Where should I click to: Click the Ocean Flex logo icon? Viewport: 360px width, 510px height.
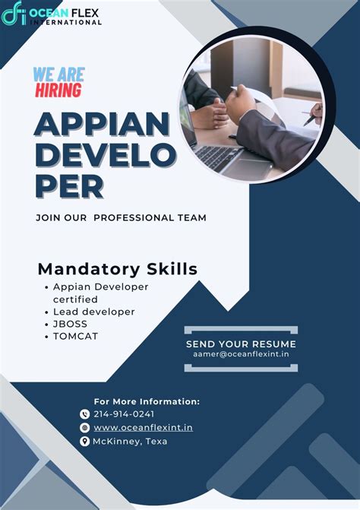14,14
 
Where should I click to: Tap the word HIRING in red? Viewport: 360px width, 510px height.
58,90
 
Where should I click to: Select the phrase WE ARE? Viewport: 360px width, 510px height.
58,74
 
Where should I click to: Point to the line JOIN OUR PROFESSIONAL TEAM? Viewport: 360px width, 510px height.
121,217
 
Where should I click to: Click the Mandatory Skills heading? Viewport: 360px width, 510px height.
117,268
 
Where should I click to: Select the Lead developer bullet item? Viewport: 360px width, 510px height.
93,312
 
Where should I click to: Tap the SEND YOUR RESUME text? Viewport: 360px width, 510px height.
241,344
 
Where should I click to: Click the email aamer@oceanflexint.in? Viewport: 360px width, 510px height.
241,354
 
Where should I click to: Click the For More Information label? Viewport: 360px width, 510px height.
147,401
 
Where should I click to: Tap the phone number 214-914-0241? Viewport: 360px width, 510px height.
124,414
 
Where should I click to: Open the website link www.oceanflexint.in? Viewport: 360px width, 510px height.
143,428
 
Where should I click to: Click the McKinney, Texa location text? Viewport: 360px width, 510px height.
130,442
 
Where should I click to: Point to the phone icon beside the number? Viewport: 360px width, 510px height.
84,414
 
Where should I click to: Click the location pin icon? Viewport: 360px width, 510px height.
84,442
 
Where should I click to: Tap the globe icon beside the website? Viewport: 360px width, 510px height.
84,428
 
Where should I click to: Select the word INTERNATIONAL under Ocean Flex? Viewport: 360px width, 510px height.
66,23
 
